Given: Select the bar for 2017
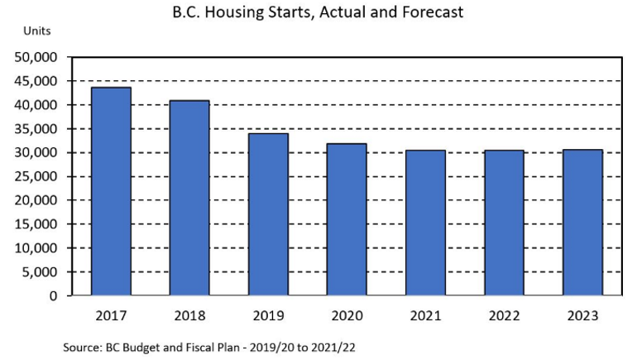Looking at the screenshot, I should click(x=111, y=191).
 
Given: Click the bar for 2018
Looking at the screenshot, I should click(x=189, y=198).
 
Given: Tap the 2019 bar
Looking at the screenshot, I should click(x=268, y=214).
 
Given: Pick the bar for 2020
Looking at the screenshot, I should click(x=347, y=219).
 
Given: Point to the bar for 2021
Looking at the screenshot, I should click(x=425, y=223).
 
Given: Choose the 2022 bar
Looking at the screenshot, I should click(x=504, y=223).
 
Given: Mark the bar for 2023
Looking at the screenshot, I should click(x=582, y=223).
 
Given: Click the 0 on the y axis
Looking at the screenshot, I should click(x=53, y=295).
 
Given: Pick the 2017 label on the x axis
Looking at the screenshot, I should click(x=111, y=315).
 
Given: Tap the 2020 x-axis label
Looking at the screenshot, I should click(x=347, y=315).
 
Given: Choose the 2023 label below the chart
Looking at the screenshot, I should click(x=582, y=315).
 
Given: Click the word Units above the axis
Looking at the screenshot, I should click(x=37, y=31).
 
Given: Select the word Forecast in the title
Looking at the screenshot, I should click(x=433, y=12).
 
